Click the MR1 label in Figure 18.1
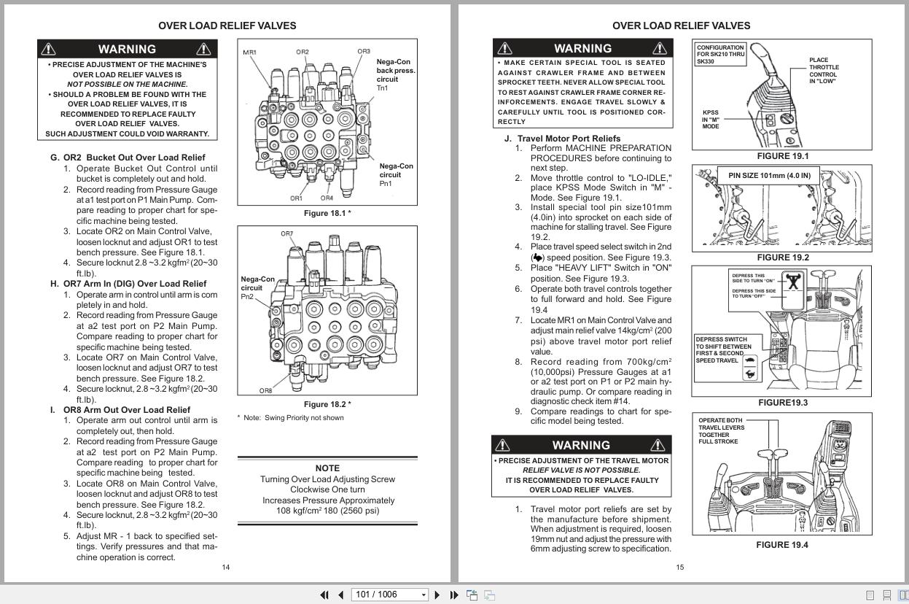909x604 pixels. pos(250,53)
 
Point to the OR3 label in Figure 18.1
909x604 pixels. pos(364,52)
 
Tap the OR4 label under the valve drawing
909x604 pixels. pos(327,198)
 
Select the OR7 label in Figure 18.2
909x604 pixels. pos(287,234)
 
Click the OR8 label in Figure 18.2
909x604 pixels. pos(265,390)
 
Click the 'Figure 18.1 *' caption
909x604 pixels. pos(327,213)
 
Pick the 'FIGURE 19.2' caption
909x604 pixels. pos(782,258)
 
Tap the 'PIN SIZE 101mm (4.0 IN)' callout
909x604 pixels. pos(769,176)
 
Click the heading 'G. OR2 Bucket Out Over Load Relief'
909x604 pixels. pos(128,158)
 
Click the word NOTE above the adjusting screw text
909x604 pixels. pos(327,468)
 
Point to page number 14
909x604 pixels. pos(226,568)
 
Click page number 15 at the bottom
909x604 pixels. pos(680,568)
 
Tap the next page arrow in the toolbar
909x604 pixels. pos(437,595)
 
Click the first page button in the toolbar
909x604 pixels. pos(324,595)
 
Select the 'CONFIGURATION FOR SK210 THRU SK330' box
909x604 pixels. pos(720,55)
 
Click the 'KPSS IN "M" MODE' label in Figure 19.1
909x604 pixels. pos(710,120)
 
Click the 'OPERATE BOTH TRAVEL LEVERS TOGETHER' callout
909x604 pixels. pos(720,430)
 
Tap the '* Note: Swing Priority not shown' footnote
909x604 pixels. pos(290,418)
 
